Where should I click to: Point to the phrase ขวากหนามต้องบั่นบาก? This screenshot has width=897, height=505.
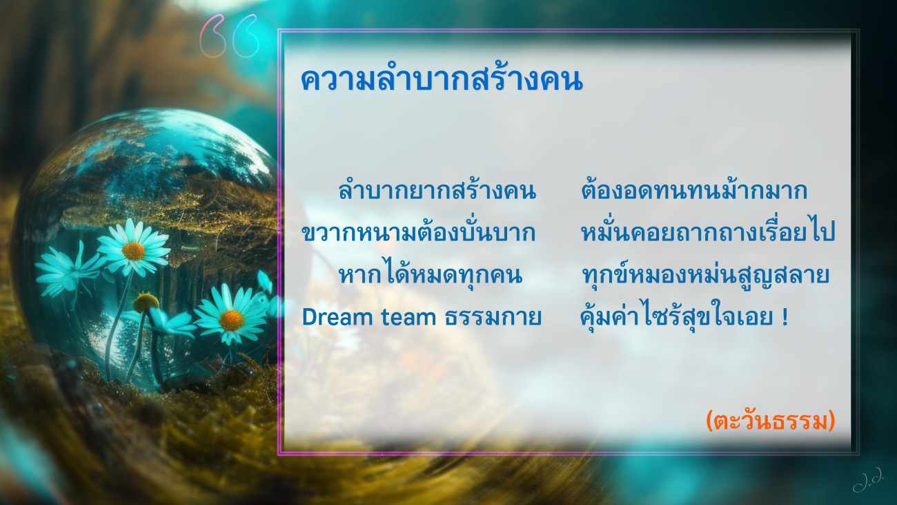418,231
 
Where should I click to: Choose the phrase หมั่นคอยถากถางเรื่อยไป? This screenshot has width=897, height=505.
708,231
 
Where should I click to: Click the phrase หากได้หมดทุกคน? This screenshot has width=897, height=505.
431,274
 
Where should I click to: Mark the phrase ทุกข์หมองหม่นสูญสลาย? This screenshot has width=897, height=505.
705,275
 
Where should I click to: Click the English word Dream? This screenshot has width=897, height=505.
337,316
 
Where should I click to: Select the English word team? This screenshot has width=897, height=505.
408,317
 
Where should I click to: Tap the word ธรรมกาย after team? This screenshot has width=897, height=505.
493,316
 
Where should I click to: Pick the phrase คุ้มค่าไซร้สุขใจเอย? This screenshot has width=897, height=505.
677,316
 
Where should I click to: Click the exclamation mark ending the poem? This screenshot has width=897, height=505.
785,316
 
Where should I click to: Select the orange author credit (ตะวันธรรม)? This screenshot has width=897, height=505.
770,421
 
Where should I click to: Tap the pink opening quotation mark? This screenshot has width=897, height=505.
211,35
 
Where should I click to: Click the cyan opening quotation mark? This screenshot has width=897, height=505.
246,36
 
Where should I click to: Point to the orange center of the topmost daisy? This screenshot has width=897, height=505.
133,251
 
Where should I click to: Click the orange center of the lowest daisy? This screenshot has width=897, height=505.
231,320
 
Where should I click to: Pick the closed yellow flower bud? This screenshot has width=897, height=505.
146,303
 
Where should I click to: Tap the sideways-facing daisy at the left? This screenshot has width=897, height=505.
68,271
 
